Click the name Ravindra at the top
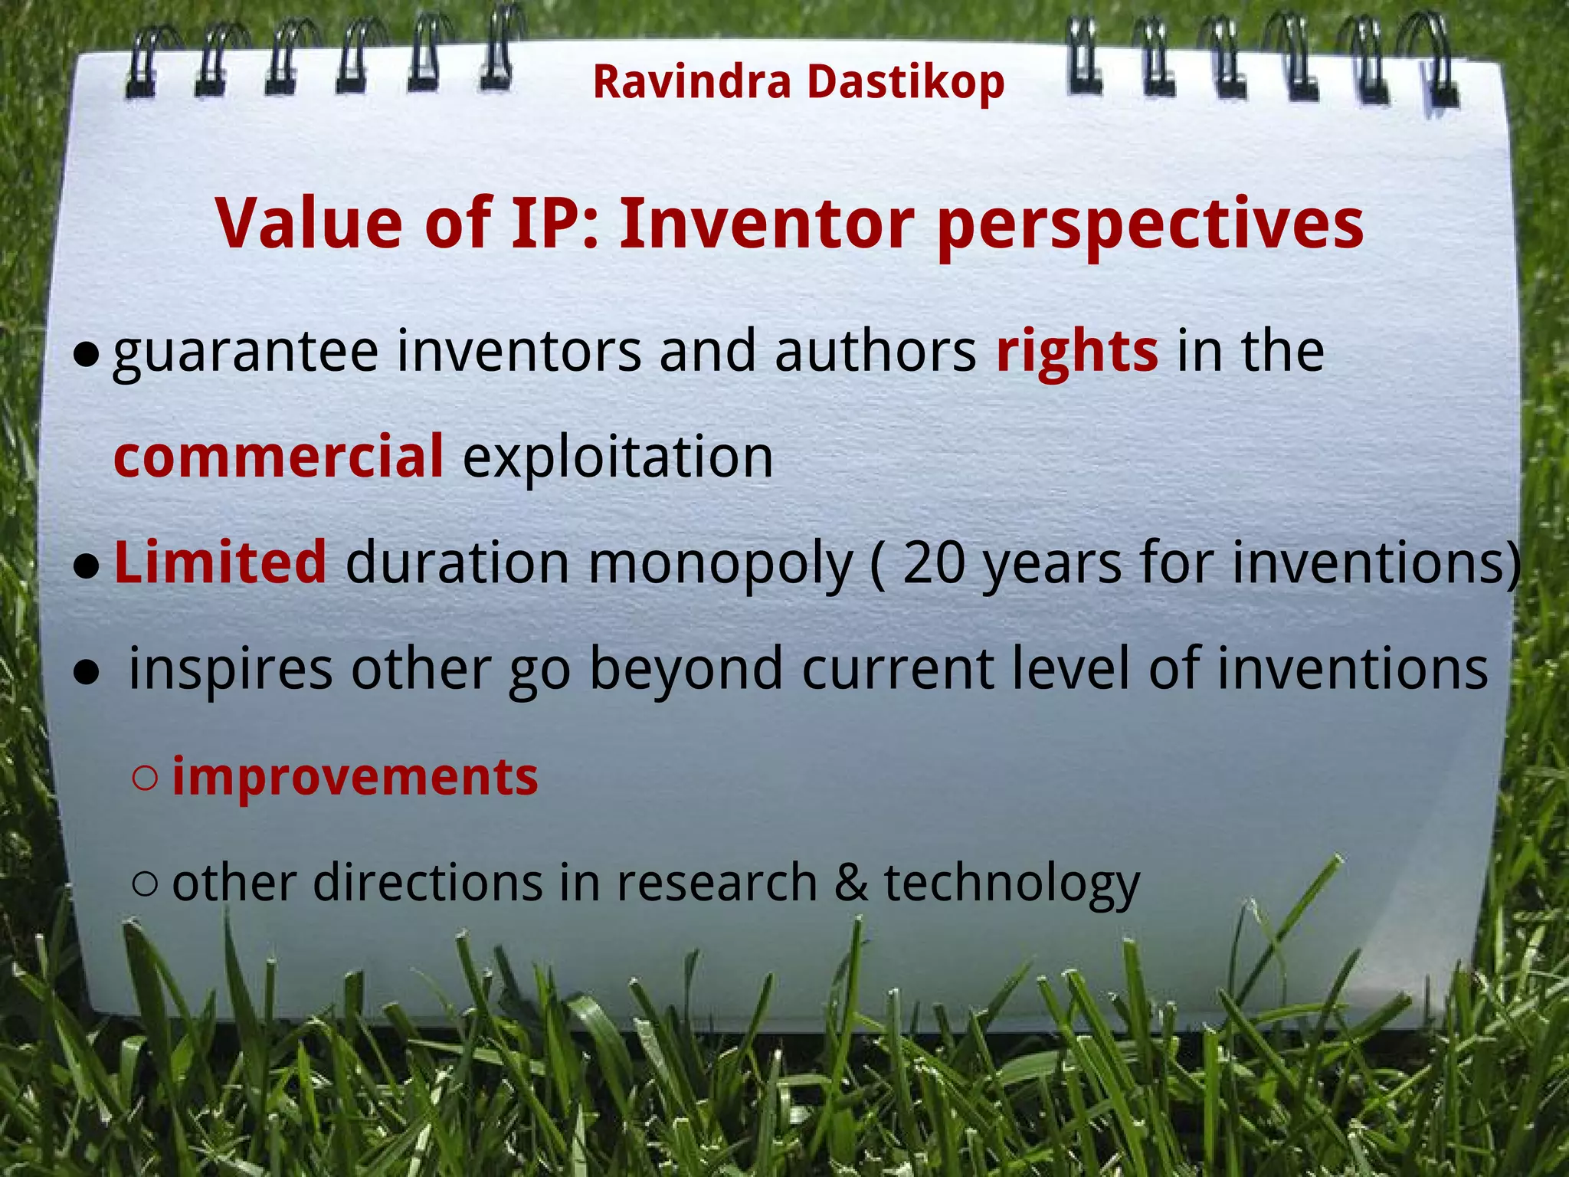(x=691, y=82)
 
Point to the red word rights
(x=1076, y=352)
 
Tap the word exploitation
(x=617, y=457)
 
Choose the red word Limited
(x=220, y=562)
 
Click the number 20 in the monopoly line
(x=934, y=562)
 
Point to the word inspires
(x=230, y=669)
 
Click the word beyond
(x=686, y=669)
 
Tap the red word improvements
(x=355, y=777)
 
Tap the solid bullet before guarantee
(x=87, y=354)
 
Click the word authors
(x=875, y=352)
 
